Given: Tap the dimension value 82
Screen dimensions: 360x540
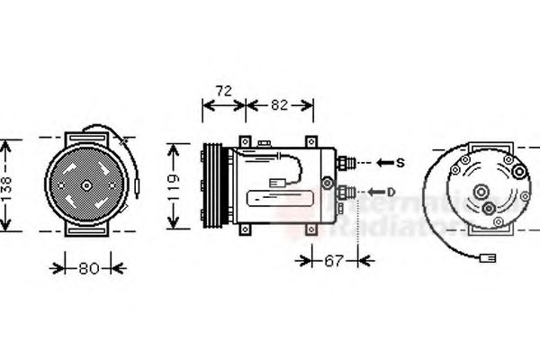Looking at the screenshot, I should (279, 104).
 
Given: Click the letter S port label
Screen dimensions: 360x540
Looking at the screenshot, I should (401, 162).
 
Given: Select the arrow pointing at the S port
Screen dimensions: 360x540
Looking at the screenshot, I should (383, 162).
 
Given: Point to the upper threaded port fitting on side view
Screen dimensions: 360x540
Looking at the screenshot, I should (346, 163).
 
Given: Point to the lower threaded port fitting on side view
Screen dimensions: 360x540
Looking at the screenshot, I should (346, 192).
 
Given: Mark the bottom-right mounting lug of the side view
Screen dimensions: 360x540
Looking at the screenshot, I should (311, 230).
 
